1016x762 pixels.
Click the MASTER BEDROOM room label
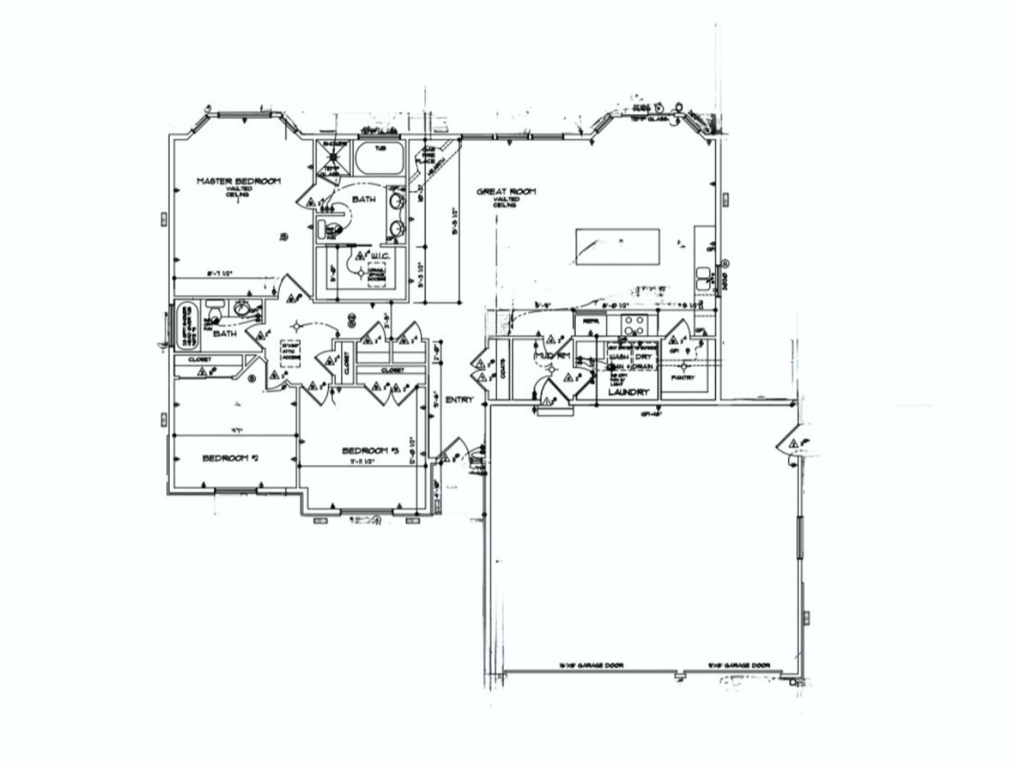point(239,181)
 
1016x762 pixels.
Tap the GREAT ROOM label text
point(506,192)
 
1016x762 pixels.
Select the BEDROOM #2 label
point(230,458)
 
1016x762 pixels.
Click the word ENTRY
point(459,400)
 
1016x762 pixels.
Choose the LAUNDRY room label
point(629,392)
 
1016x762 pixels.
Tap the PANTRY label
point(683,377)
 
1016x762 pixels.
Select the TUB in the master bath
point(380,158)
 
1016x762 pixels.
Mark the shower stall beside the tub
point(333,157)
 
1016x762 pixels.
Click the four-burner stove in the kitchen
point(633,325)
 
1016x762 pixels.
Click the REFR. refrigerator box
point(590,322)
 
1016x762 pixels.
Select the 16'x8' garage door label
point(591,665)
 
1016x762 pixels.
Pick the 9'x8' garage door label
point(739,665)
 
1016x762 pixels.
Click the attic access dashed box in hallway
point(291,353)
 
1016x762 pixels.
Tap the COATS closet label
point(503,369)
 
